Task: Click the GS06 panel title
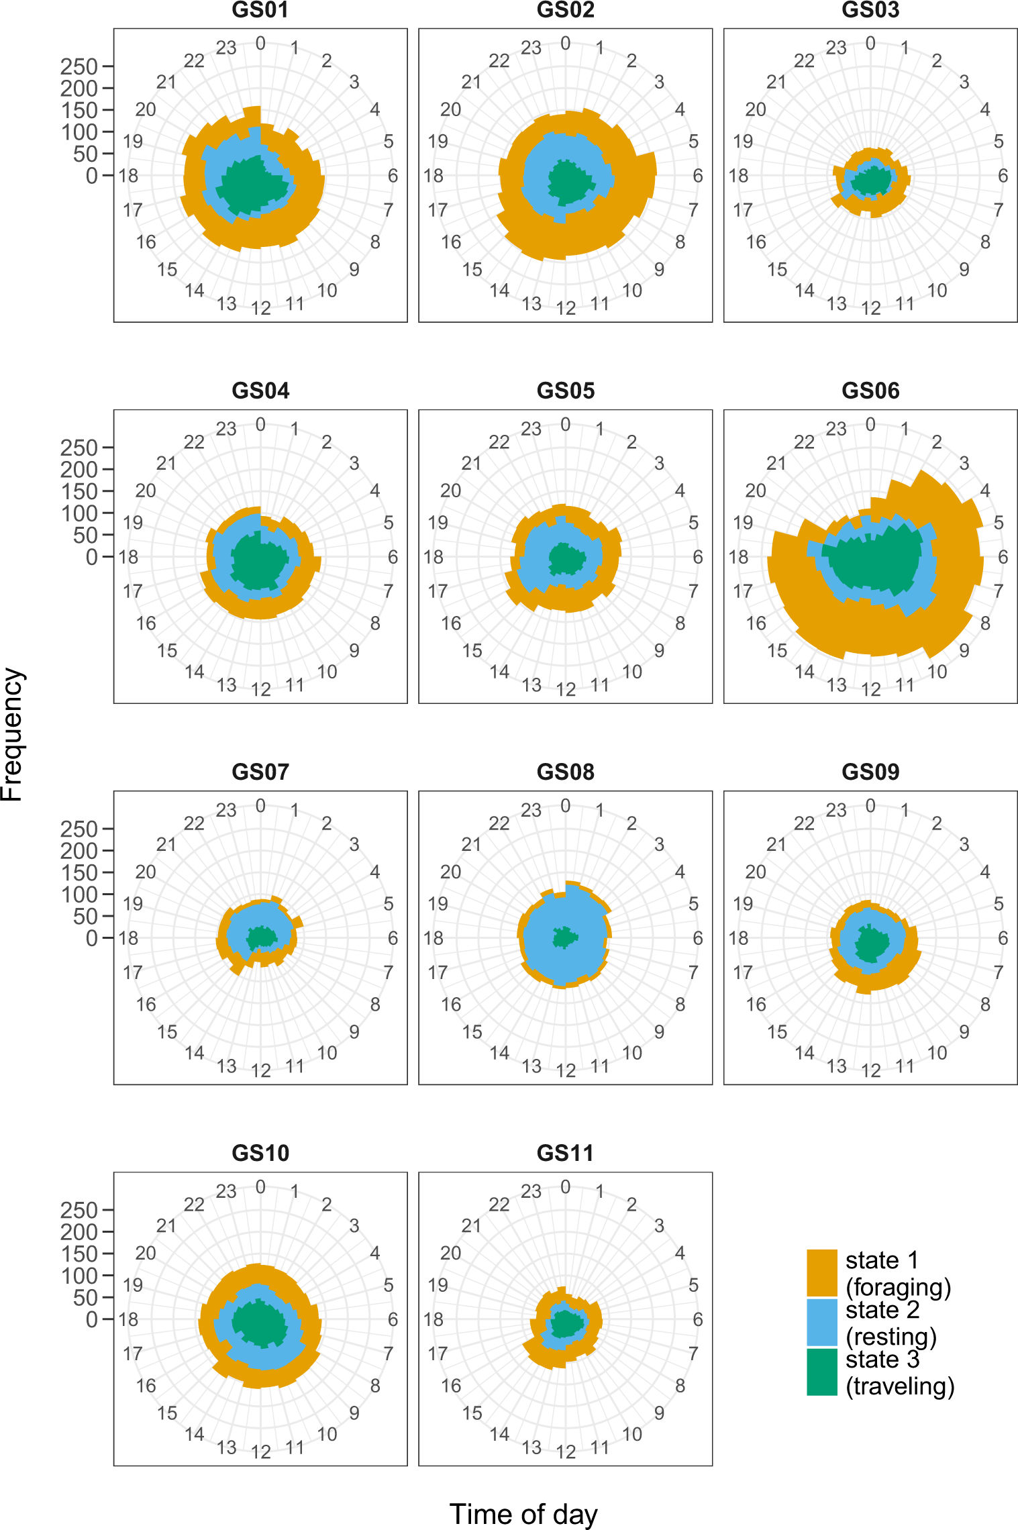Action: pyautogui.click(x=870, y=391)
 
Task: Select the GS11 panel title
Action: pyautogui.click(x=565, y=1153)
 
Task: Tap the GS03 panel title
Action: pyautogui.click(x=870, y=10)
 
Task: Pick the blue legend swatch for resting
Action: pyautogui.click(x=821, y=1323)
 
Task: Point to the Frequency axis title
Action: pyautogui.click(x=12, y=734)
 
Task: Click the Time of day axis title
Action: pyautogui.click(x=523, y=1514)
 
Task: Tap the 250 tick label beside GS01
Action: pyautogui.click(x=79, y=66)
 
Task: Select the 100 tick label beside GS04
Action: pyautogui.click(x=79, y=513)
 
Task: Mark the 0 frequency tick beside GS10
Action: pyautogui.click(x=91, y=1319)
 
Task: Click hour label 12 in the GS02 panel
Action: pyautogui.click(x=566, y=308)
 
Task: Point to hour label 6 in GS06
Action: pyautogui.click(x=1003, y=557)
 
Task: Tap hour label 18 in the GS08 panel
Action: pyautogui.click(x=434, y=938)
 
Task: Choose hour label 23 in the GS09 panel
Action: pyautogui.click(x=835, y=811)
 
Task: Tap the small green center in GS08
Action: pyautogui.click(x=564, y=937)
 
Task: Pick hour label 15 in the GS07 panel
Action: pyautogui.click(x=167, y=1031)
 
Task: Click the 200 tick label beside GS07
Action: pyautogui.click(x=79, y=851)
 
